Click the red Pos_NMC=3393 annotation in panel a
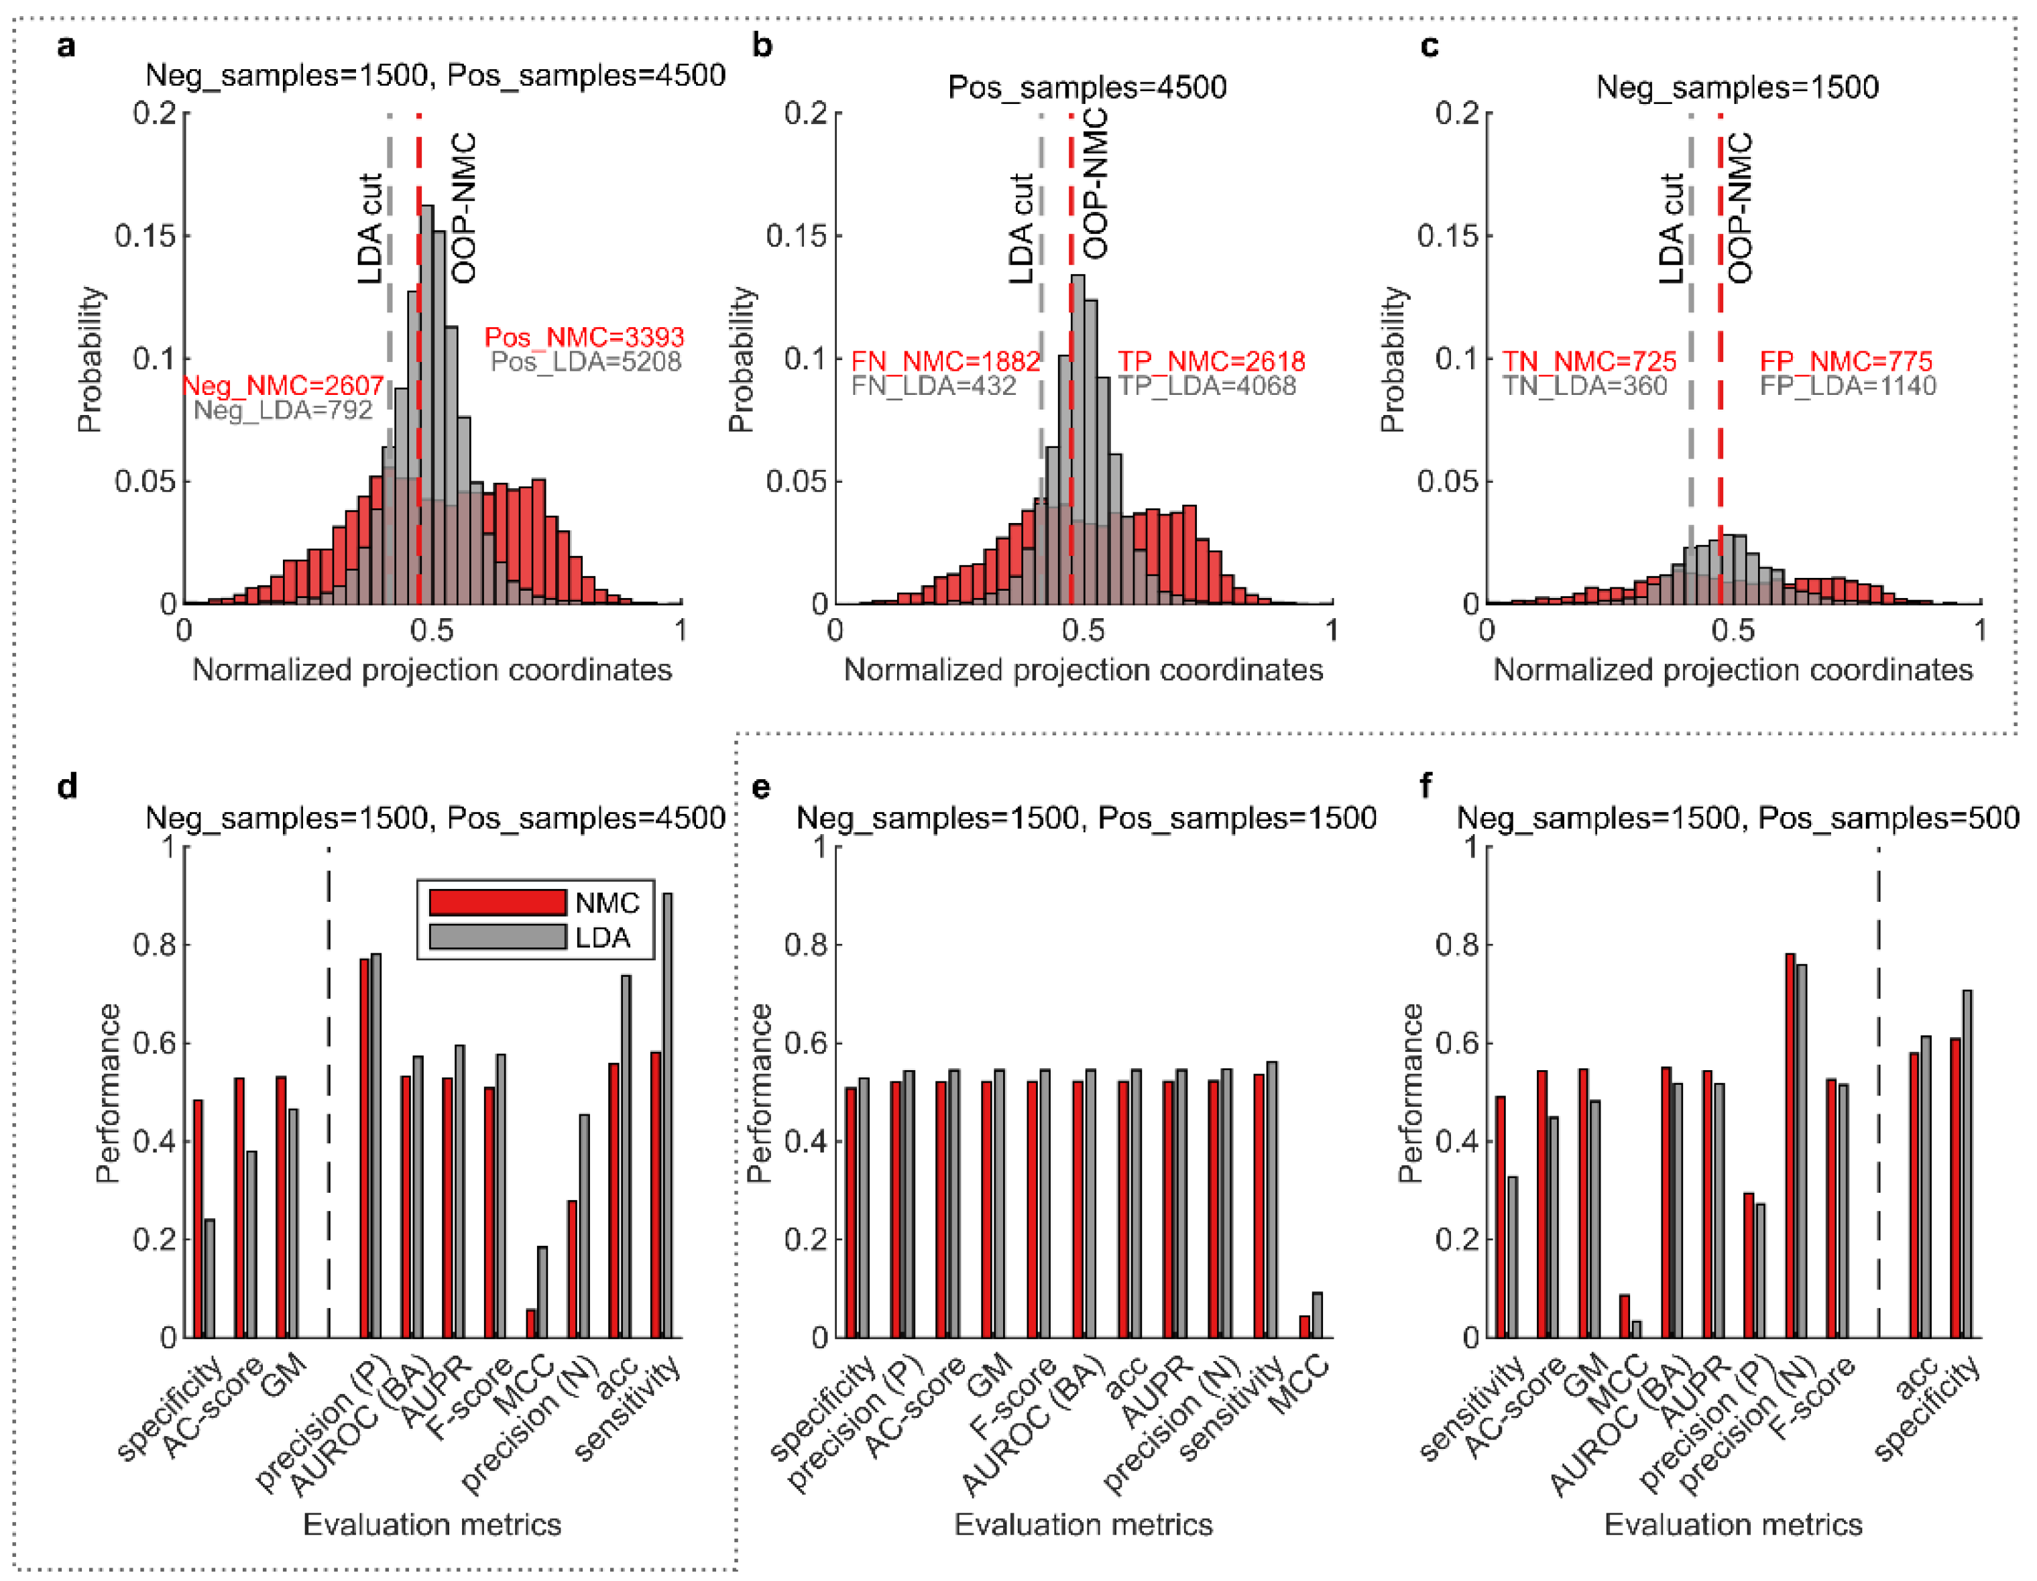pos(584,337)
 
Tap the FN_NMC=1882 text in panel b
pos(945,361)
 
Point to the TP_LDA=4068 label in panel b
pos(1207,386)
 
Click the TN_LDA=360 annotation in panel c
pos(1584,386)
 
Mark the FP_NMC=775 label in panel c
pos(1846,361)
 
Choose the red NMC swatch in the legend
pos(497,902)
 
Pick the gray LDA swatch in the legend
pos(497,937)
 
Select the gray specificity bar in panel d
pos(210,1278)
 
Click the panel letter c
pos(1429,45)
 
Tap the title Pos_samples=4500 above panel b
pos(1087,86)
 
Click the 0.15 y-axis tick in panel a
pos(145,236)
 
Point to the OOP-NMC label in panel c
pos(1739,208)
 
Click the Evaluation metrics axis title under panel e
pos(1083,1524)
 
